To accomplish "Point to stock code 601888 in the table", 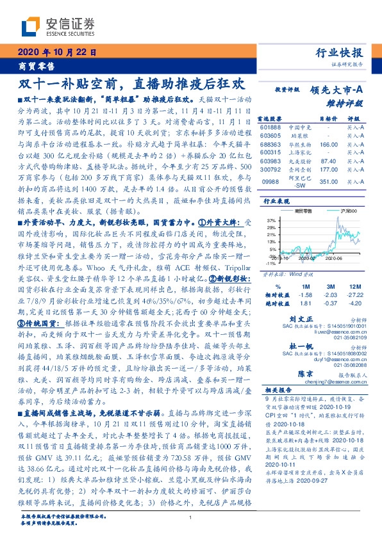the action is (x=270, y=127).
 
